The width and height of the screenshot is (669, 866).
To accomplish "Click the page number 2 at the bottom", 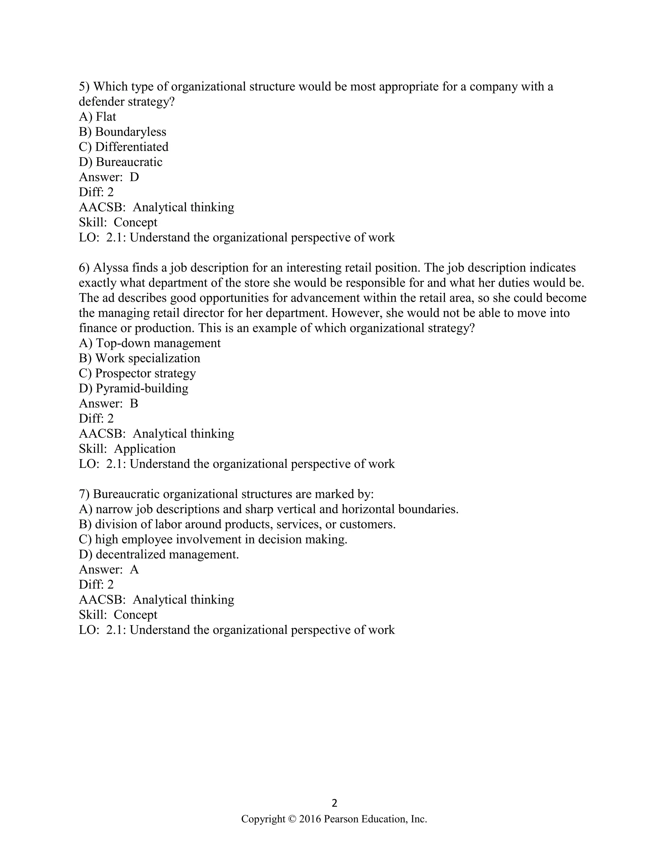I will (334, 803).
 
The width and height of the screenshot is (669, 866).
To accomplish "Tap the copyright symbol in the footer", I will (292, 819).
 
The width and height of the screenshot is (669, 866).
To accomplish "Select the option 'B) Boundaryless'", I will (122, 132).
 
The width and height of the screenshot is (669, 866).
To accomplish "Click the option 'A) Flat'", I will (97, 117).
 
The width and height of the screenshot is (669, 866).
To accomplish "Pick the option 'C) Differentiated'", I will (124, 147).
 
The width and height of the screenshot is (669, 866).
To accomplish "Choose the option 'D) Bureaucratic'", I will (121, 162).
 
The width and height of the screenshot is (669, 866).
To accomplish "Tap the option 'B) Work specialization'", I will (139, 358).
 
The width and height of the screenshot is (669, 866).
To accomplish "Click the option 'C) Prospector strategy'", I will (137, 373).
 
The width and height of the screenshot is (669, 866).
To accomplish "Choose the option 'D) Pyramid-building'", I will (134, 388).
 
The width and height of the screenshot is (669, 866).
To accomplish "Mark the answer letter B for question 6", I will (134, 404).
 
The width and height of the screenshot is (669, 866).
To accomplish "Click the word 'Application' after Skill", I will (145, 449).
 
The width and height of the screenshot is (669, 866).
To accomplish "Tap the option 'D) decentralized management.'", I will (159, 554).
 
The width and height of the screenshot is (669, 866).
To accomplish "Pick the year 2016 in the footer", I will (310, 819).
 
